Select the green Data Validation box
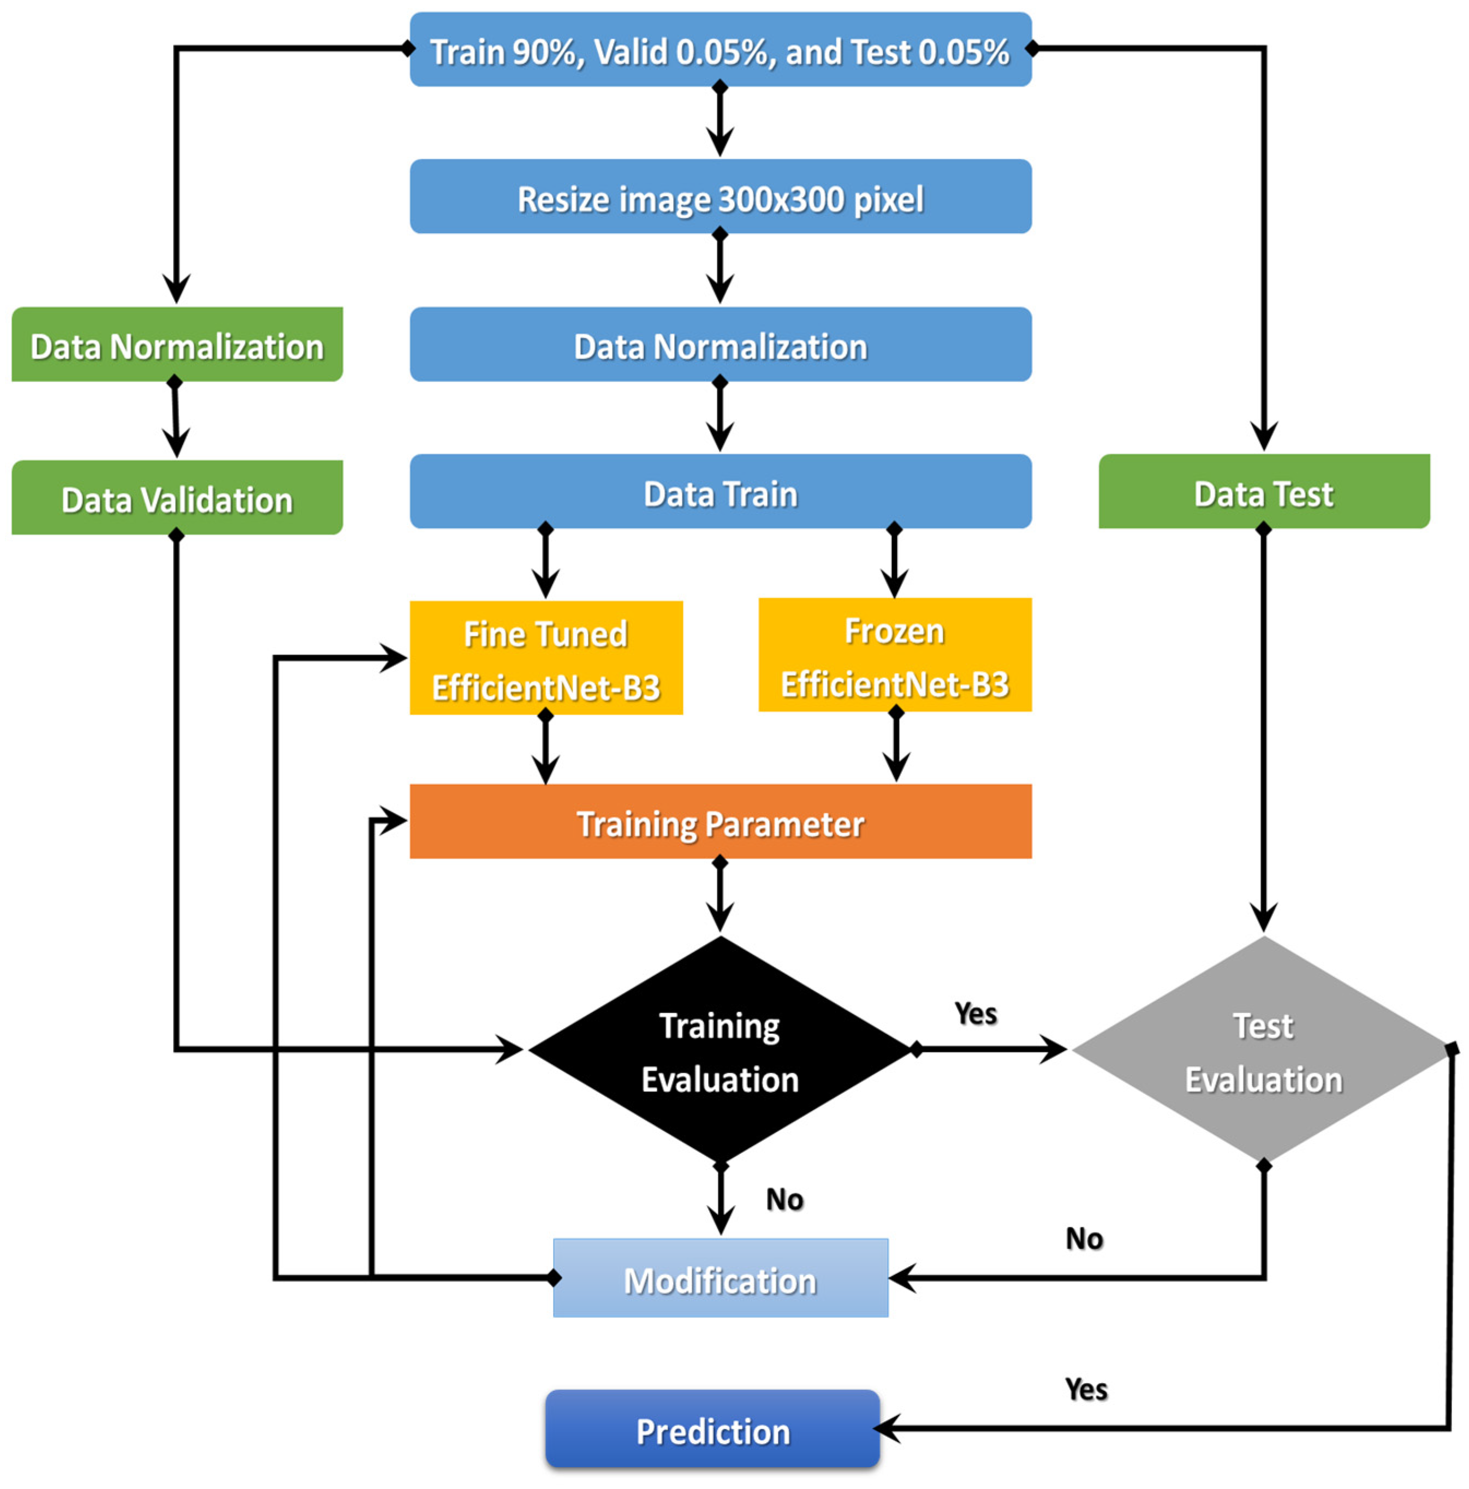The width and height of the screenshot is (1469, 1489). click(x=176, y=499)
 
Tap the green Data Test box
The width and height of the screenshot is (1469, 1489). click(x=1263, y=492)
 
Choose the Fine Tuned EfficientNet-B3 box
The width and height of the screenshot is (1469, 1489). click(x=546, y=659)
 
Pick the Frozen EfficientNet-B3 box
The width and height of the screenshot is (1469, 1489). click(x=894, y=656)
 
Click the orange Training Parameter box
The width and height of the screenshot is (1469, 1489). click(x=720, y=823)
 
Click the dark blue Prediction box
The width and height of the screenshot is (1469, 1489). click(x=712, y=1430)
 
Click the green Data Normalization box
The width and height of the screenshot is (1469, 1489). click(x=176, y=346)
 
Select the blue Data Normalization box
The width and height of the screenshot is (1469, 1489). click(x=720, y=346)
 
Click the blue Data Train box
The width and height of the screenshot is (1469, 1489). click(x=720, y=492)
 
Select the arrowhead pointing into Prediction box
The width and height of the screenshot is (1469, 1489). click(x=888, y=1428)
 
